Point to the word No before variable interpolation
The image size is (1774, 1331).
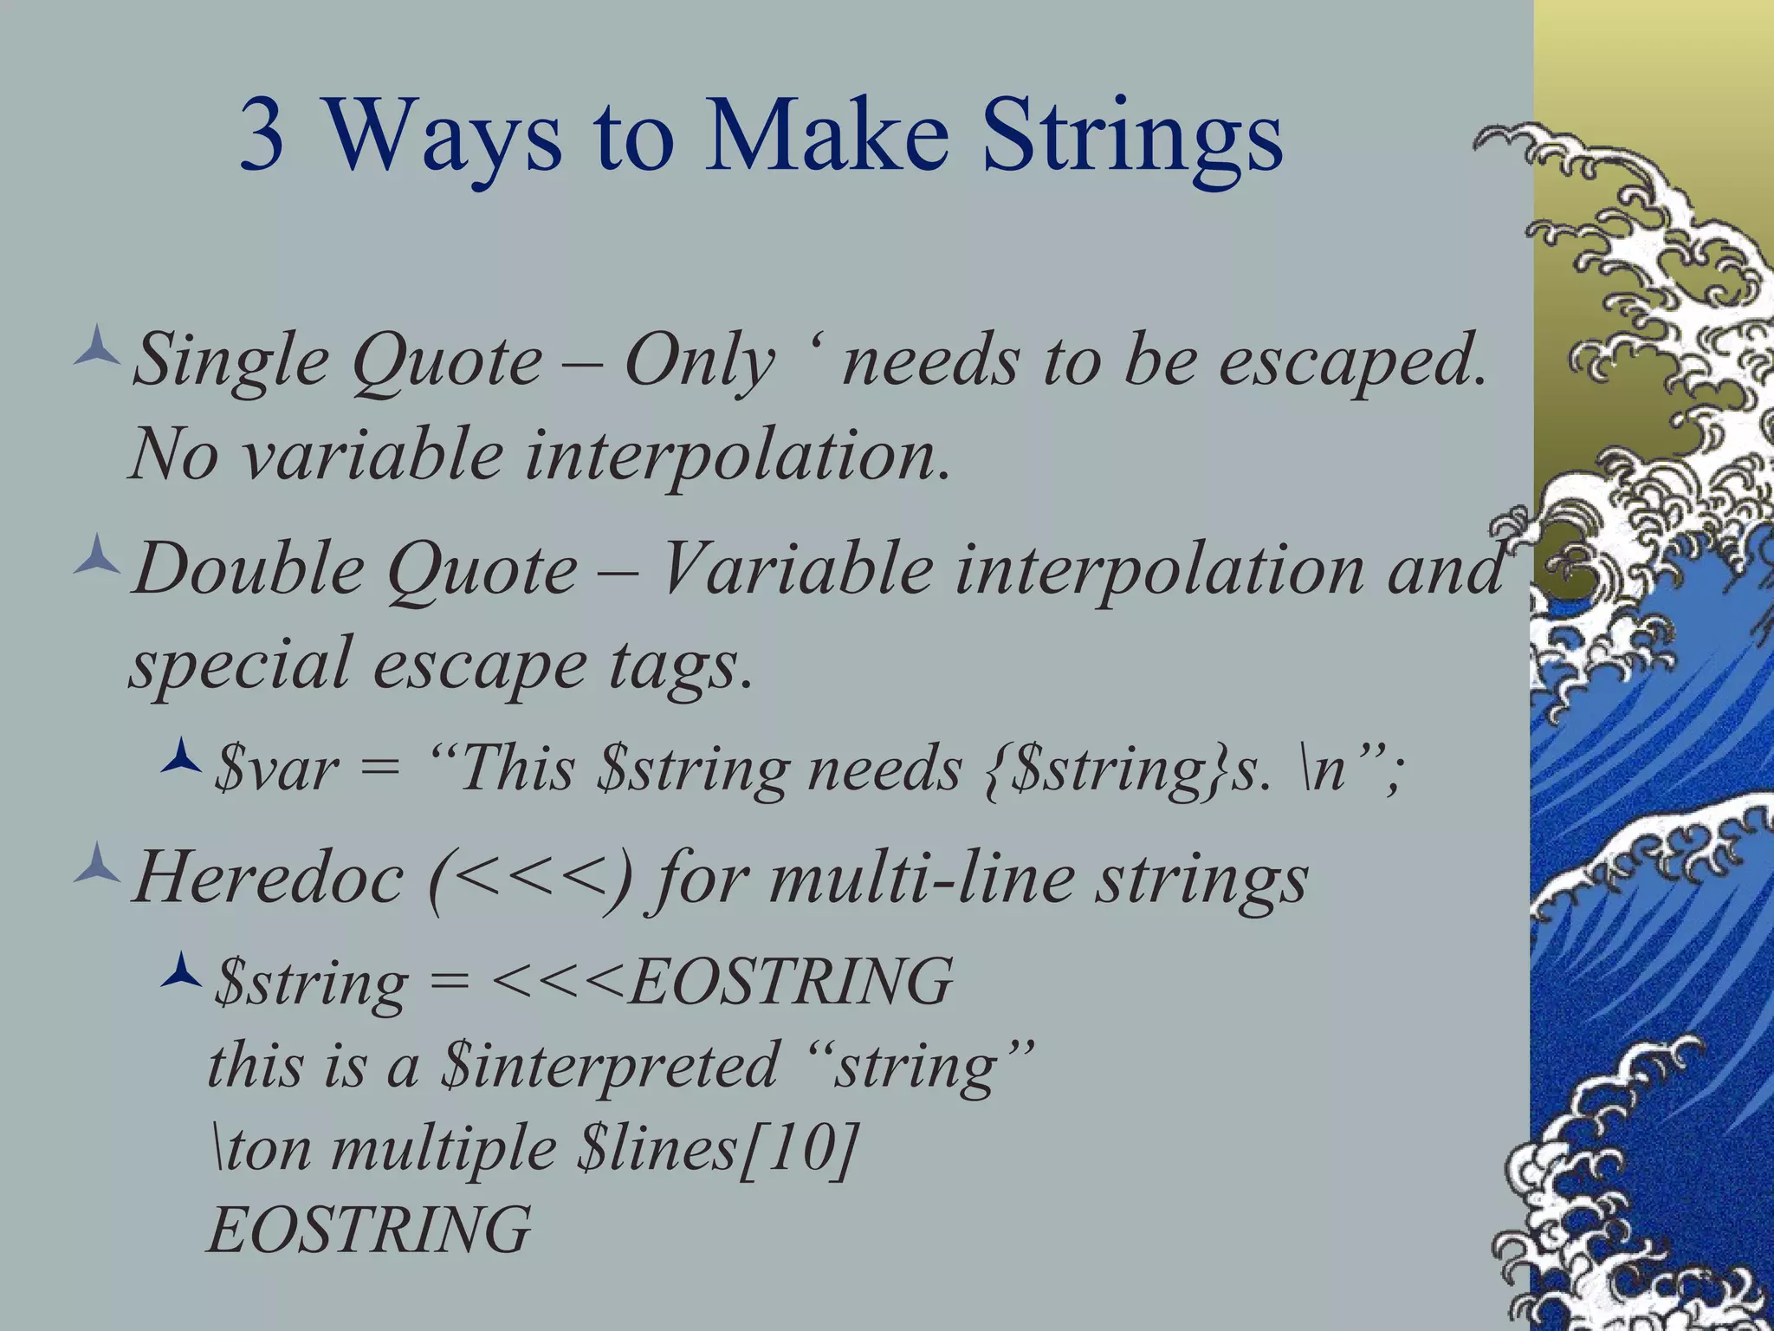click(173, 454)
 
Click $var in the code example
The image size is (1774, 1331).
click(275, 769)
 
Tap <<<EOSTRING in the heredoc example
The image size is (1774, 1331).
click(722, 982)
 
